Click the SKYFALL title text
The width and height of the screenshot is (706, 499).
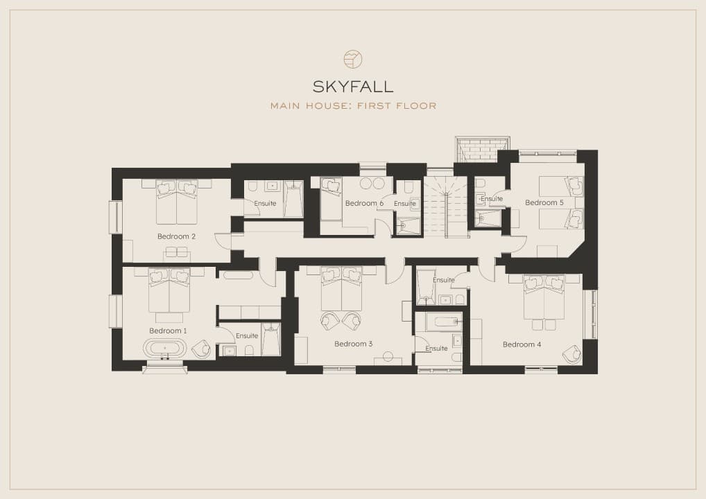352,86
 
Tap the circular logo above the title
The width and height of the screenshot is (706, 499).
352,59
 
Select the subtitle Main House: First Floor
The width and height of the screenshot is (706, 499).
353,106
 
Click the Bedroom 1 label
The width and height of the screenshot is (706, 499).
168,331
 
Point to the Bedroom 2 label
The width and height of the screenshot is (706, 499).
176,236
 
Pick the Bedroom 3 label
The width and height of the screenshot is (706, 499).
354,344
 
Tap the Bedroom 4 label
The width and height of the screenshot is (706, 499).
522,344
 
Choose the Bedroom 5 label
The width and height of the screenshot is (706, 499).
544,202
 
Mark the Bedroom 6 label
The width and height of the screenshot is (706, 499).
364,203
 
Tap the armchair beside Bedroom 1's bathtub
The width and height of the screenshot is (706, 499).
201,349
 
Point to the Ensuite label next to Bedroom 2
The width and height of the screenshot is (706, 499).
265,203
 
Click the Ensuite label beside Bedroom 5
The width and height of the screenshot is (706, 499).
491,198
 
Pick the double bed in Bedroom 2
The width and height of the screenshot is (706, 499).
176,202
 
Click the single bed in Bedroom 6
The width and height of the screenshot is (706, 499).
331,199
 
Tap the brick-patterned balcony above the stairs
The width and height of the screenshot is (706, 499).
482,149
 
